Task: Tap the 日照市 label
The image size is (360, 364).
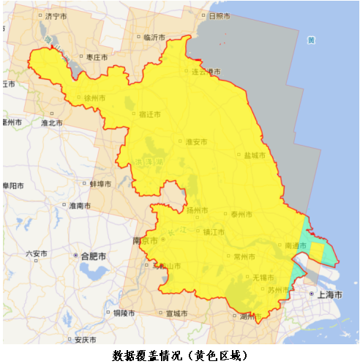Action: [220, 15]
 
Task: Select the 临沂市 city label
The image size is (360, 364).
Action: [156, 37]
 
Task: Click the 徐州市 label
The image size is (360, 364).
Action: [94, 97]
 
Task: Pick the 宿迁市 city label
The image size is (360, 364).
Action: [149, 114]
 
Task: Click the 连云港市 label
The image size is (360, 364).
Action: [206, 72]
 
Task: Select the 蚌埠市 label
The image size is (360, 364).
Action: [100, 184]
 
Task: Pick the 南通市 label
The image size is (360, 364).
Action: [296, 245]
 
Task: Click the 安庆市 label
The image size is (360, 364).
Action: [85, 340]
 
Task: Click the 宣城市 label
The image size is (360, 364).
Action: [176, 313]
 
